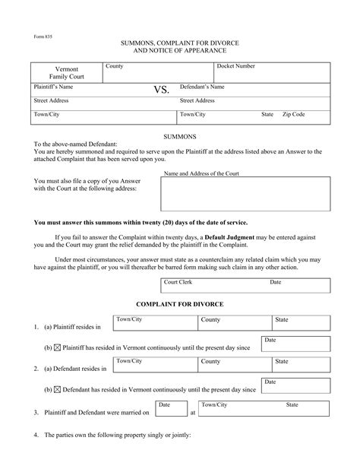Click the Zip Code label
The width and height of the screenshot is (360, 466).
(x=294, y=114)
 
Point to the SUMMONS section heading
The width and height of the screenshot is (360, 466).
(x=180, y=136)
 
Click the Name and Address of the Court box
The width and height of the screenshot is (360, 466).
(x=245, y=194)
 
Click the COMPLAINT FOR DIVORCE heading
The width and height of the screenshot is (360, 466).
(x=179, y=304)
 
